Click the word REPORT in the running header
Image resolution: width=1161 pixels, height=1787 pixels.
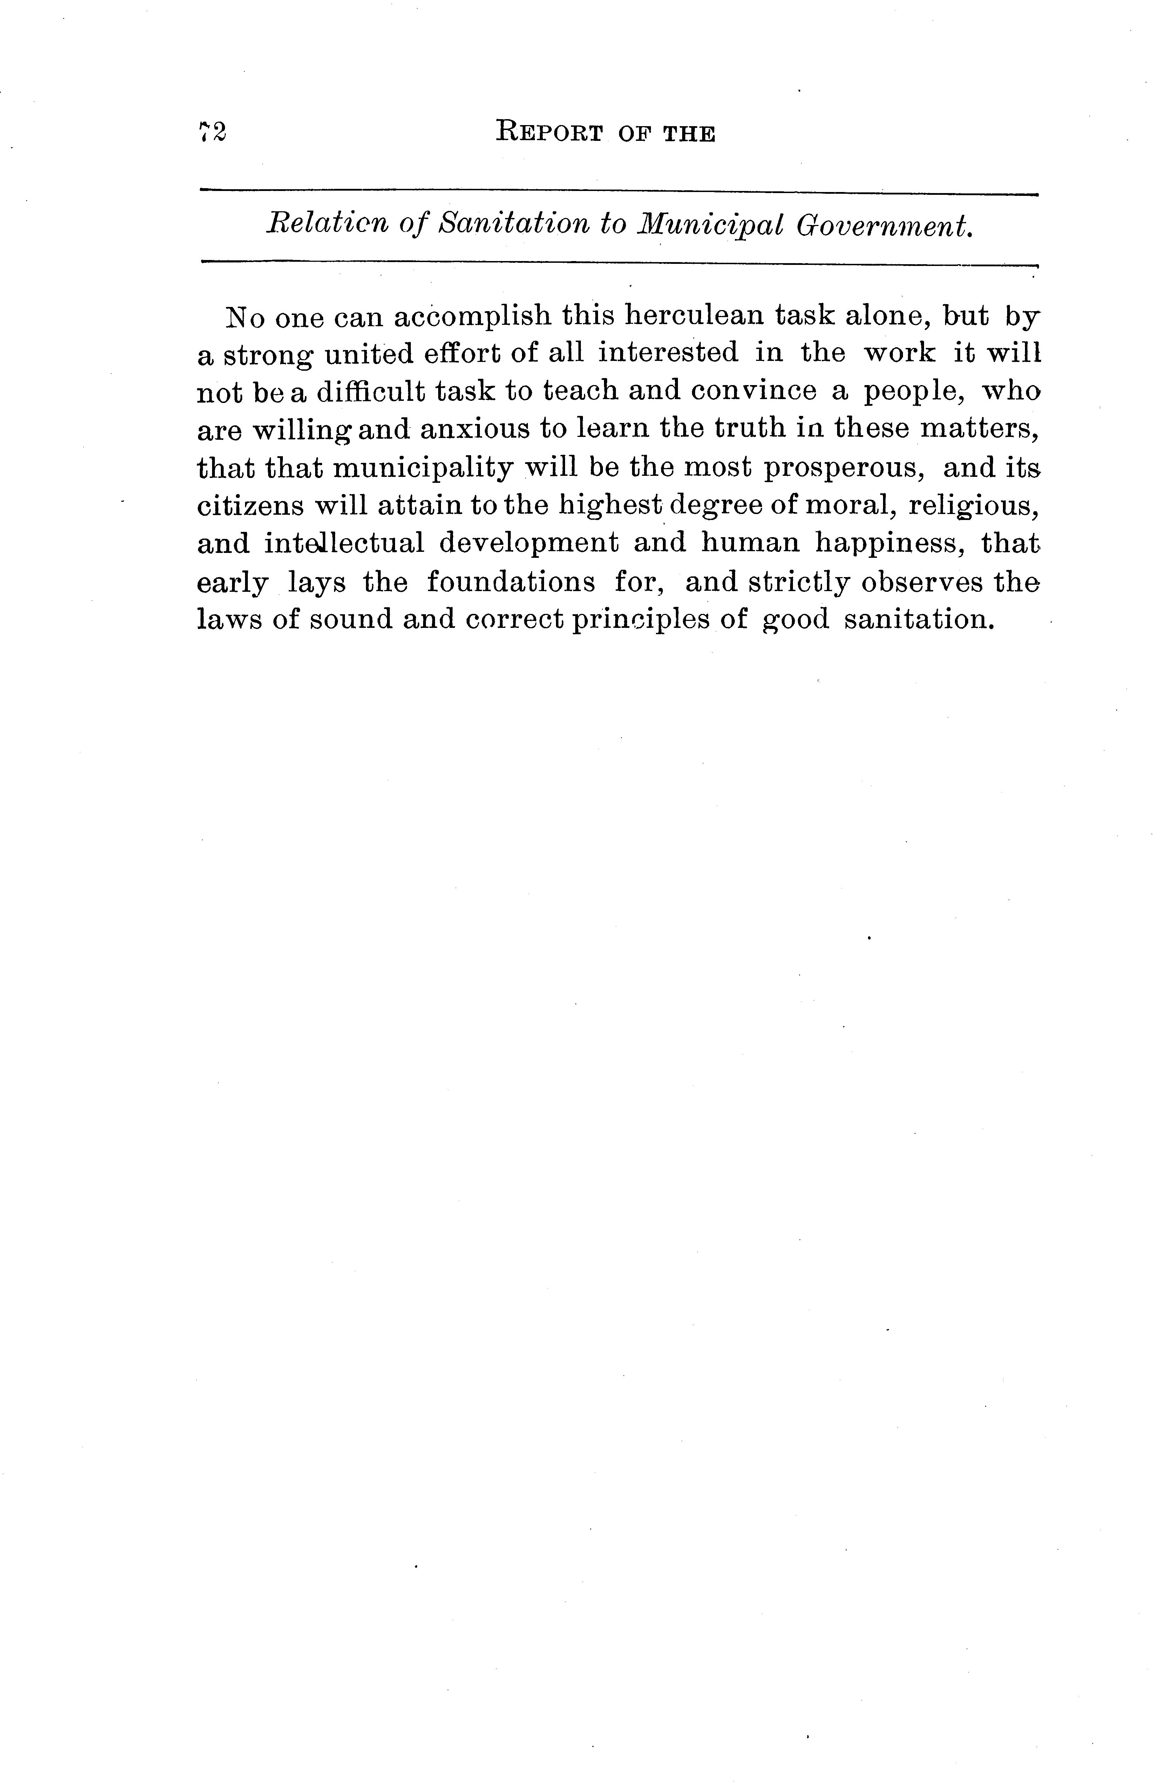[550, 133]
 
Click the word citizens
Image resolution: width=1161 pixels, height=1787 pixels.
[251, 505]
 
